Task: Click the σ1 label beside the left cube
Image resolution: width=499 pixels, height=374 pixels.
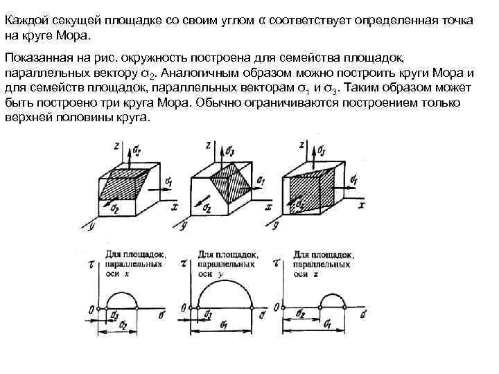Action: [168, 181]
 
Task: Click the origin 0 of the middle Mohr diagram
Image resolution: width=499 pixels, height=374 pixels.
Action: [182, 308]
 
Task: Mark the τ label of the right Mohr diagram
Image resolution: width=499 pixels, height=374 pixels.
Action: [277, 264]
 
